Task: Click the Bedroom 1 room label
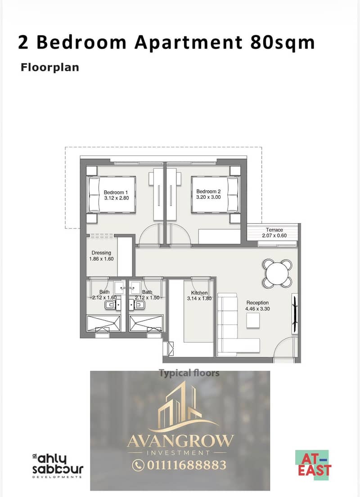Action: coord(116,193)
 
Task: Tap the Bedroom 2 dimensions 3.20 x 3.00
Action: coord(208,197)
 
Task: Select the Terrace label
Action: coord(274,230)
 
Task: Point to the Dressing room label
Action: coord(101,253)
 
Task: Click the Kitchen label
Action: coord(199,292)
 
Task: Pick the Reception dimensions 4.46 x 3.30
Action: coord(257,309)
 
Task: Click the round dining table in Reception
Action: coord(278,273)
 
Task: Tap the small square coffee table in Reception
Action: coord(253,320)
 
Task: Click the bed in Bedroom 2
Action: coord(216,194)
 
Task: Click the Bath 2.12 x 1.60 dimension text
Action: coord(104,298)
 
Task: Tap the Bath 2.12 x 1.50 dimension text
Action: coord(147,298)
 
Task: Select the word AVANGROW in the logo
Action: coord(180,441)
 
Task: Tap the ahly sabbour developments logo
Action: coord(58,466)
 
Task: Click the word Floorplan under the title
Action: coord(50,67)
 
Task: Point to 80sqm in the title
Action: coord(282,42)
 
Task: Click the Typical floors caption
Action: coord(189,373)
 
